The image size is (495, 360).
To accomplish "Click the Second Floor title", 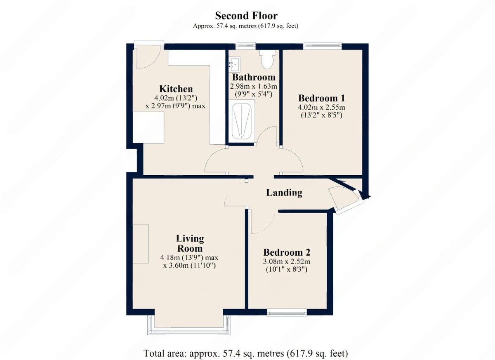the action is point(246,16).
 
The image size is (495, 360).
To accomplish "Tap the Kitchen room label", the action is point(176,89).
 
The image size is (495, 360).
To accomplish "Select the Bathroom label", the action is point(254,77).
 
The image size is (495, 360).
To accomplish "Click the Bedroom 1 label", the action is point(321,98).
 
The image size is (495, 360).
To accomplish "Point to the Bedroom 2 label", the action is point(287,252).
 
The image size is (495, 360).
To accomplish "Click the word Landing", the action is point(284,193).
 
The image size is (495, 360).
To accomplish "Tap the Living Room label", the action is point(190,243).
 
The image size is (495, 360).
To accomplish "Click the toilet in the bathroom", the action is point(267,59).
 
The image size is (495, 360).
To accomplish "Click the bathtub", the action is point(242,121).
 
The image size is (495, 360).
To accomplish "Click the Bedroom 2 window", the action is point(287,312).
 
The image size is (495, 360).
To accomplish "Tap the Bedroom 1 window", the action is point(323,46).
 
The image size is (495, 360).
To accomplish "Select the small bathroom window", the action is point(245,46).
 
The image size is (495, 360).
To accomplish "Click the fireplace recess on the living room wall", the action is point(140,244).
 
